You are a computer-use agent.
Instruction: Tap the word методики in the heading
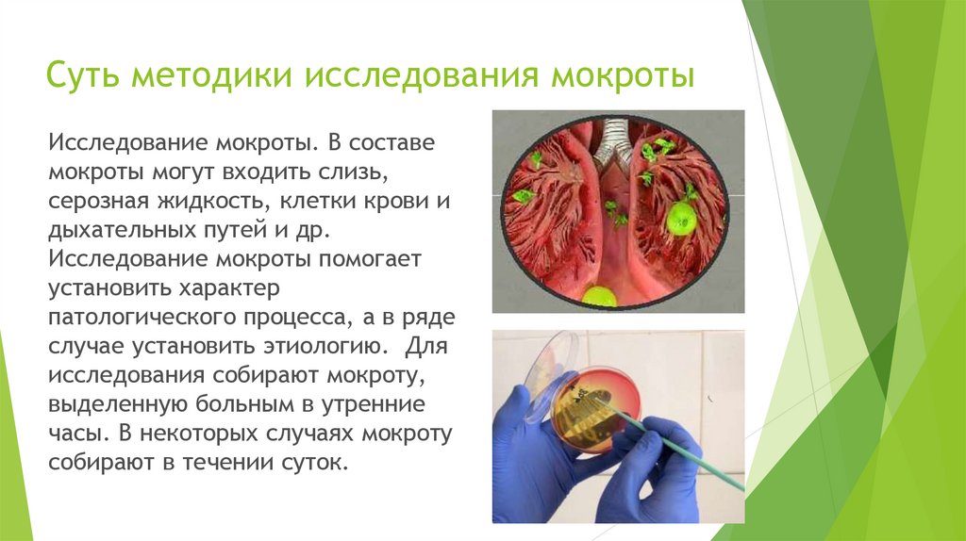tap(211, 75)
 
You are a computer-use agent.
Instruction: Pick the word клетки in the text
tap(317, 201)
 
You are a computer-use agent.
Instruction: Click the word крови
tap(395, 201)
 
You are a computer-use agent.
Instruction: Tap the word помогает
tap(370, 259)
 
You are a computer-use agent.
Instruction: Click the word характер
tap(229, 288)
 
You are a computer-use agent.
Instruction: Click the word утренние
tap(373, 404)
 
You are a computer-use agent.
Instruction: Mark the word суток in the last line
tap(315, 463)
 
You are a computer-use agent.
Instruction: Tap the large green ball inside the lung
tap(681, 219)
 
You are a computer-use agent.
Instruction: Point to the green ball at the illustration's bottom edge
tap(599, 296)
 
